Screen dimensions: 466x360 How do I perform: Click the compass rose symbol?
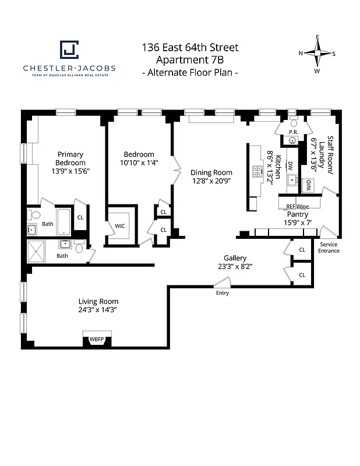click(317, 54)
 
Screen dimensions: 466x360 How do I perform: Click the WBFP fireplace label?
click(96, 339)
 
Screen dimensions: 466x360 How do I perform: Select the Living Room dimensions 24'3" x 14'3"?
click(98, 310)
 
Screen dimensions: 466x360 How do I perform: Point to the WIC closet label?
click(120, 225)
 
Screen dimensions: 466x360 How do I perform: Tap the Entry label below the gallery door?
click(223, 293)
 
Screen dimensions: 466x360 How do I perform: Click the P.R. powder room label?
click(293, 132)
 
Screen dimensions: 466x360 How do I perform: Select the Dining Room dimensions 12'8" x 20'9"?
click(211, 181)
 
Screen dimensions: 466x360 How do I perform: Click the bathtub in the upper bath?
click(64, 222)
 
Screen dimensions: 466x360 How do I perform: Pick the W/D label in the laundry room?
click(309, 185)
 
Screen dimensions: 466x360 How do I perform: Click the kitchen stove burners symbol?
click(257, 171)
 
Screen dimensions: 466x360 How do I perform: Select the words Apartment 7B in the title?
click(190, 60)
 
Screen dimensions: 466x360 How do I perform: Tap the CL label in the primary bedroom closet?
click(80, 217)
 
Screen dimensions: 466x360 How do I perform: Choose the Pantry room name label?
click(297, 214)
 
